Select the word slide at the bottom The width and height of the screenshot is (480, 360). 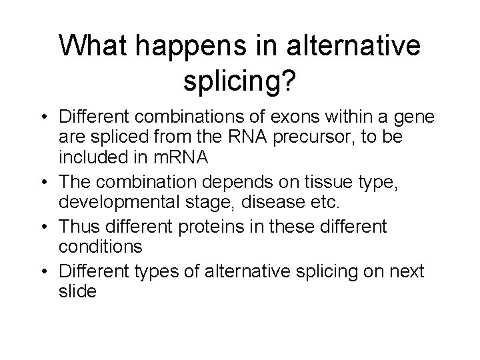click(77, 292)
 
